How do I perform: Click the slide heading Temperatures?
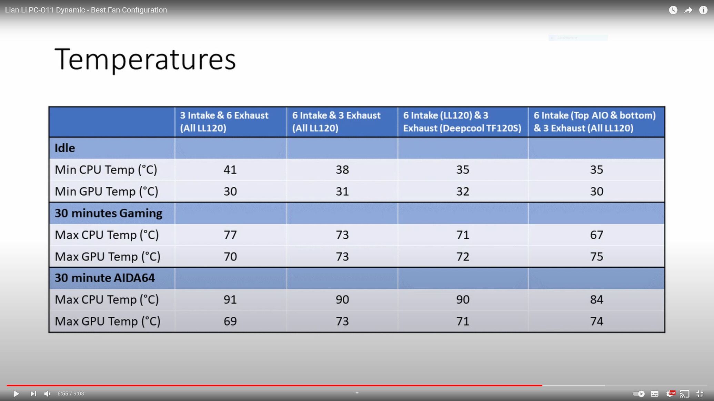click(145, 60)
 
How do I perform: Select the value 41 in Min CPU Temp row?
click(230, 169)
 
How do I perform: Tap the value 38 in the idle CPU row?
click(342, 169)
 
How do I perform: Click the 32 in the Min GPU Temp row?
click(463, 191)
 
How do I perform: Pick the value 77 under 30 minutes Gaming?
click(230, 235)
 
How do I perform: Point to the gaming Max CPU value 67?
click(596, 235)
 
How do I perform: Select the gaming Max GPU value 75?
click(596, 256)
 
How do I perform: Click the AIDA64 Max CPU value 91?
click(230, 299)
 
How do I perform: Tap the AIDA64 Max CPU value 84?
click(596, 299)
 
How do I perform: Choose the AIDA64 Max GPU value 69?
click(230, 321)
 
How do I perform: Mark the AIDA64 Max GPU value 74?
click(596, 321)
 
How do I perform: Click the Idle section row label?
click(65, 148)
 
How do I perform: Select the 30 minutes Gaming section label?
click(108, 213)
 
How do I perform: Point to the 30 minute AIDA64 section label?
click(105, 278)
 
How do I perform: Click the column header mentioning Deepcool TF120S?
click(462, 122)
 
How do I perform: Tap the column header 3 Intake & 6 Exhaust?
click(224, 122)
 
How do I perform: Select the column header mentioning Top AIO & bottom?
click(595, 122)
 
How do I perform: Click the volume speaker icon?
click(47, 393)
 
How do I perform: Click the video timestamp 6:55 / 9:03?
click(71, 393)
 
